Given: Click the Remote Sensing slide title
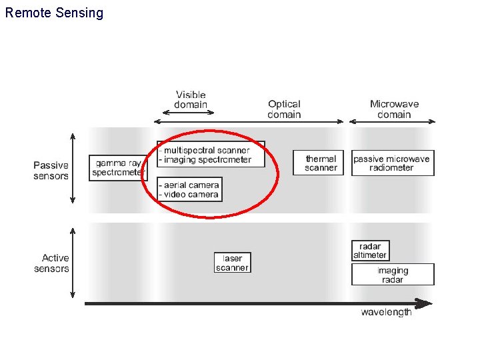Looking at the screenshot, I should coord(54,13).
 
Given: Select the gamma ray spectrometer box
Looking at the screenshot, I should coord(117,168).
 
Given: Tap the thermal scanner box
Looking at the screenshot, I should coord(320,163).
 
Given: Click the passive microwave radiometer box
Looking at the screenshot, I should coord(392,163).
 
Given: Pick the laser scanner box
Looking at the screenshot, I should coord(232,263).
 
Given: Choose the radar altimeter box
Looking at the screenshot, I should coord(369,251).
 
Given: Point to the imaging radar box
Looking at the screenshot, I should coord(392,275).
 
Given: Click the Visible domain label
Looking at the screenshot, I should coord(191,99).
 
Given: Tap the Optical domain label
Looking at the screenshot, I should coord(284,109).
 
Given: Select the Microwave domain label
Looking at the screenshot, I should coord(393,109).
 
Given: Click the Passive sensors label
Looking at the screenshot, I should coord(51,171).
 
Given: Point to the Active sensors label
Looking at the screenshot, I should coord(52,263).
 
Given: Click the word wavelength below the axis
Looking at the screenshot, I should coord(386,313).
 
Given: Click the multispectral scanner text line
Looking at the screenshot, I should coord(207,150).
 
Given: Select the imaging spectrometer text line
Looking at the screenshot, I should coord(207,159).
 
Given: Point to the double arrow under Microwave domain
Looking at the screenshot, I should coord(393,121).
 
